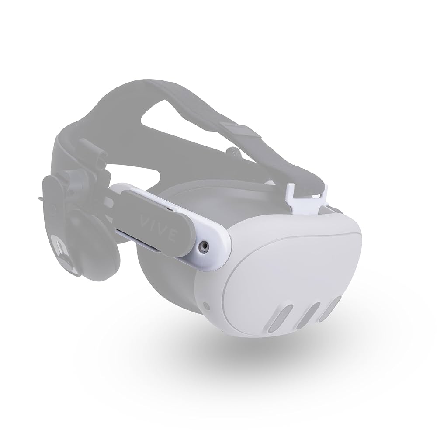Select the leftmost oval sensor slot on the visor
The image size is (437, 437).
280,318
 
